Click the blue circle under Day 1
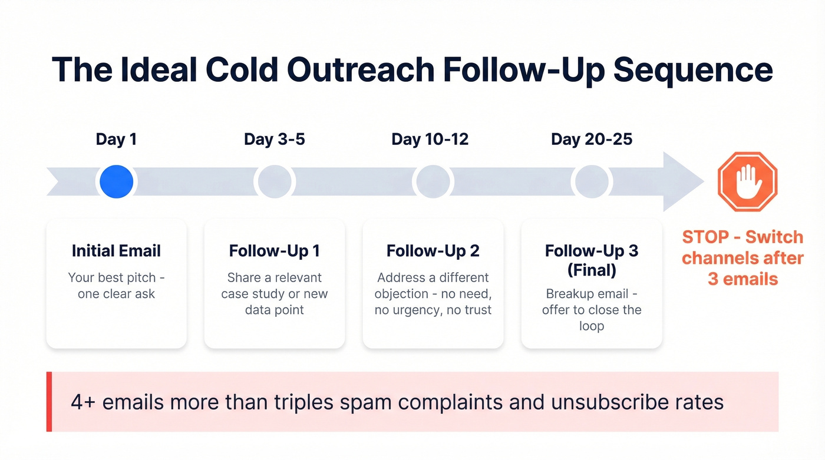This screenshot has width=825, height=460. [117, 181]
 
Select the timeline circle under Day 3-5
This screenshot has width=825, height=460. [275, 181]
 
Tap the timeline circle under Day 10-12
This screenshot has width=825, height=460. [433, 181]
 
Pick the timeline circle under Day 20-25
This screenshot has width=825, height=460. [592, 181]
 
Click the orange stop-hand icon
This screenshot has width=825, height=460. [747, 181]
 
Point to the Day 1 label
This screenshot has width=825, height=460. [116, 140]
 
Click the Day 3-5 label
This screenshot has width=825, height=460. [275, 140]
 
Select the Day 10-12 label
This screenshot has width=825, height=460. [430, 140]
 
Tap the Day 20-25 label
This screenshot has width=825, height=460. [592, 140]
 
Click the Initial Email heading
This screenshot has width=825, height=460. [116, 251]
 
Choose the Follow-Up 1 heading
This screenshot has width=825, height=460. [275, 251]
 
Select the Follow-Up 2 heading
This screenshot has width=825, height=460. [433, 251]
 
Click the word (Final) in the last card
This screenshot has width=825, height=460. [592, 270]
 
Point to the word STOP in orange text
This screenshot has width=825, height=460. [705, 237]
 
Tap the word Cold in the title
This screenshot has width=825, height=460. [241, 69]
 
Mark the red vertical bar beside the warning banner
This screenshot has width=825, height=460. [49, 402]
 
